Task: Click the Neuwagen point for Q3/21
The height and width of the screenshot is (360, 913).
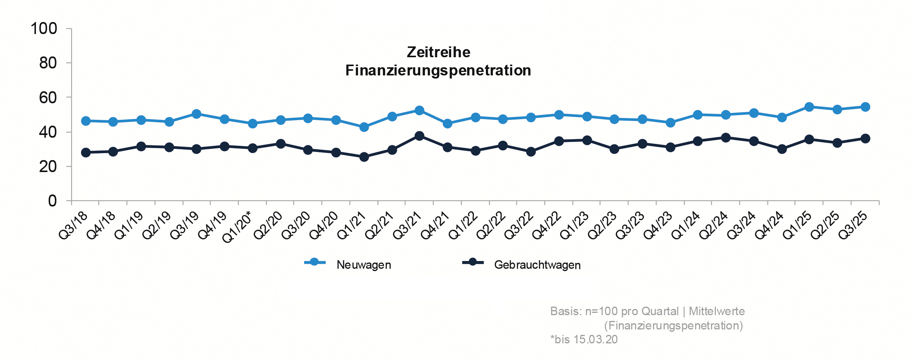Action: (419, 111)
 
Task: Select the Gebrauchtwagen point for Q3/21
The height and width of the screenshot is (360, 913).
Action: (419, 136)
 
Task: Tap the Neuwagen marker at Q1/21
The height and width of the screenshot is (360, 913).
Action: (364, 127)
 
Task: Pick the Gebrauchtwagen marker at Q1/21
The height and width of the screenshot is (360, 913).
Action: (364, 157)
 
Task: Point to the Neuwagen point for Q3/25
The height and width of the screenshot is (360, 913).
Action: (865, 107)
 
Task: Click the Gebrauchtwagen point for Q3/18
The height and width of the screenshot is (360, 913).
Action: (86, 153)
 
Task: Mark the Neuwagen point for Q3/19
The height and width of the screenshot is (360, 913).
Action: (197, 114)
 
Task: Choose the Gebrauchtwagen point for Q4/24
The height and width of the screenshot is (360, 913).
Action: (782, 149)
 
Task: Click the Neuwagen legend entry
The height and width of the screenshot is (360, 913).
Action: (363, 265)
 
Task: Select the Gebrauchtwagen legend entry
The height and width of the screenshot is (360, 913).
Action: (537, 265)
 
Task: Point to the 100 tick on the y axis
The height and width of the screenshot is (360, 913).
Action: (44, 29)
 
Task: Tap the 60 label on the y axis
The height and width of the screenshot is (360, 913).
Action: (48, 97)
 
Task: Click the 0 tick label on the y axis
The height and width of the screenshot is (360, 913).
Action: (52, 201)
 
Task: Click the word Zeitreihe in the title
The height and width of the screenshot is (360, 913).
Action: (438, 52)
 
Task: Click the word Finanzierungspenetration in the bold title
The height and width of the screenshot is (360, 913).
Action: (438, 70)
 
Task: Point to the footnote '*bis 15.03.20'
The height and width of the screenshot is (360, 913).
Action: (584, 340)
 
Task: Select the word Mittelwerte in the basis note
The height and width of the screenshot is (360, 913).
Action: (717, 311)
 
